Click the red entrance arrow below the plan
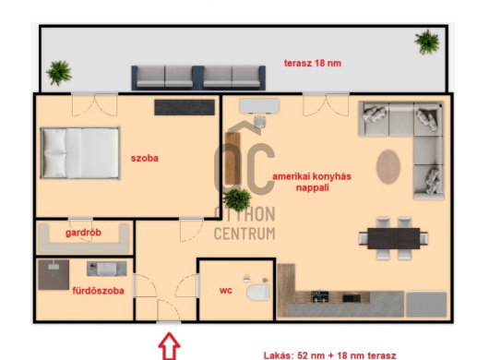point(169,346)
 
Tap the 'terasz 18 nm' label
point(313,63)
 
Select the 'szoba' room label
point(145,158)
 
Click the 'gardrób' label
point(83,233)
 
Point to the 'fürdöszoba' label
point(98,291)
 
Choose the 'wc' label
point(226,291)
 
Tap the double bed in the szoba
point(80,153)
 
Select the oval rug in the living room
point(388,166)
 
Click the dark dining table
point(394,238)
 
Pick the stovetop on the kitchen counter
point(319,296)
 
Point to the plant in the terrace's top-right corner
point(427,42)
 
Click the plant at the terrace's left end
point(59,73)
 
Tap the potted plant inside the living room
point(237,199)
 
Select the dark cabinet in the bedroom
point(185,107)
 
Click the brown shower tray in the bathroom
point(54,275)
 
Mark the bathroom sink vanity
point(107,269)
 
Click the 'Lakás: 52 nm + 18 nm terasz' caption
point(330,355)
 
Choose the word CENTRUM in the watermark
point(244,234)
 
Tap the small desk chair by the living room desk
point(259,121)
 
